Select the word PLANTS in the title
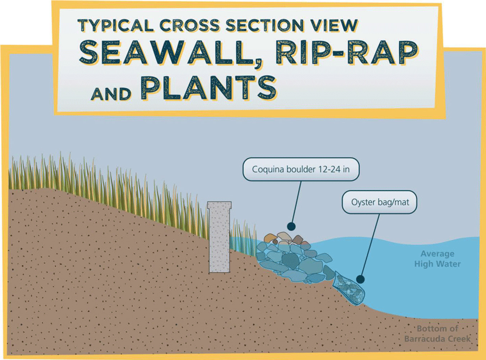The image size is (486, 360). tap(208, 88)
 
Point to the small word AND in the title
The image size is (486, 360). tap(111, 94)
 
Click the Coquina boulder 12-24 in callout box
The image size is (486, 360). tap(301, 169)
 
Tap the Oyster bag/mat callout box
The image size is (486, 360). tap(380, 202)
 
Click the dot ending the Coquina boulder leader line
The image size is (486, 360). tap(291, 226)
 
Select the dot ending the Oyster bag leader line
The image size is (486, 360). tap(360, 279)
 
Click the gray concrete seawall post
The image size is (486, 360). tap(219, 241)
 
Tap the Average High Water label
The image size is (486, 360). tap(437, 259)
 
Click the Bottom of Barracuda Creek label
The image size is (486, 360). tap(437, 334)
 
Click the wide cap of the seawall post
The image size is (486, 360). tap(219, 205)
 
